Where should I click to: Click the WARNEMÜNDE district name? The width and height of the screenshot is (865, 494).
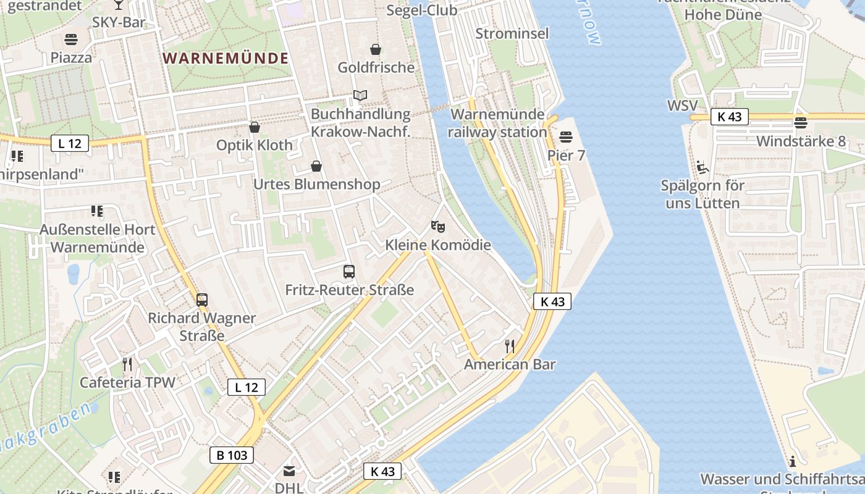coord(226,59)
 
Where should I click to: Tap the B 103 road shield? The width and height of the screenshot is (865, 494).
coord(232,456)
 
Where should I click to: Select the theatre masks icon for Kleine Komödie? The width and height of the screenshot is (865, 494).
coord(438,227)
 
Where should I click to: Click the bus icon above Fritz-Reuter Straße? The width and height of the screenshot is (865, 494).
coord(349,271)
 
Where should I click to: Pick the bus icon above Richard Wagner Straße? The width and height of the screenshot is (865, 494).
coord(201,300)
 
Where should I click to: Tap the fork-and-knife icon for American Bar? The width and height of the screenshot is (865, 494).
coord(510,346)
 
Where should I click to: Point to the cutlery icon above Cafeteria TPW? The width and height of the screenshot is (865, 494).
coord(127,364)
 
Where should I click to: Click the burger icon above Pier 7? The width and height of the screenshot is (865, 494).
coord(566,136)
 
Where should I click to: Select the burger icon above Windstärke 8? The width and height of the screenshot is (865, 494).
coord(801,122)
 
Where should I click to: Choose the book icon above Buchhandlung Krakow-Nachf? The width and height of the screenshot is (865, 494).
coord(360,96)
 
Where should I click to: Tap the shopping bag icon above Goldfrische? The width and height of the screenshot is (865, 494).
coord(375,49)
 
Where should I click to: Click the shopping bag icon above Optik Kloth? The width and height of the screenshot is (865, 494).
coord(254,127)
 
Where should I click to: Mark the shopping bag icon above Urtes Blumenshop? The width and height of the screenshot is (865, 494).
coord(316,166)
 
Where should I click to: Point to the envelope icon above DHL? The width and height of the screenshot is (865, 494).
coord(289,471)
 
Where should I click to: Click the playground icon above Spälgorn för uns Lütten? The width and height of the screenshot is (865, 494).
coord(702,167)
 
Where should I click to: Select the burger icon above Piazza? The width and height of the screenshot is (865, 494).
coord(71,40)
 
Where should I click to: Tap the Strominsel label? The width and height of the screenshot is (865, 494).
coord(512,33)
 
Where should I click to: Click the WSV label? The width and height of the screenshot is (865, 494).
coord(682,106)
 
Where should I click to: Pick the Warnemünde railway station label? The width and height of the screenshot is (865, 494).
coord(498,123)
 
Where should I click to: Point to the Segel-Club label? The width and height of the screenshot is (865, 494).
coord(422,10)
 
